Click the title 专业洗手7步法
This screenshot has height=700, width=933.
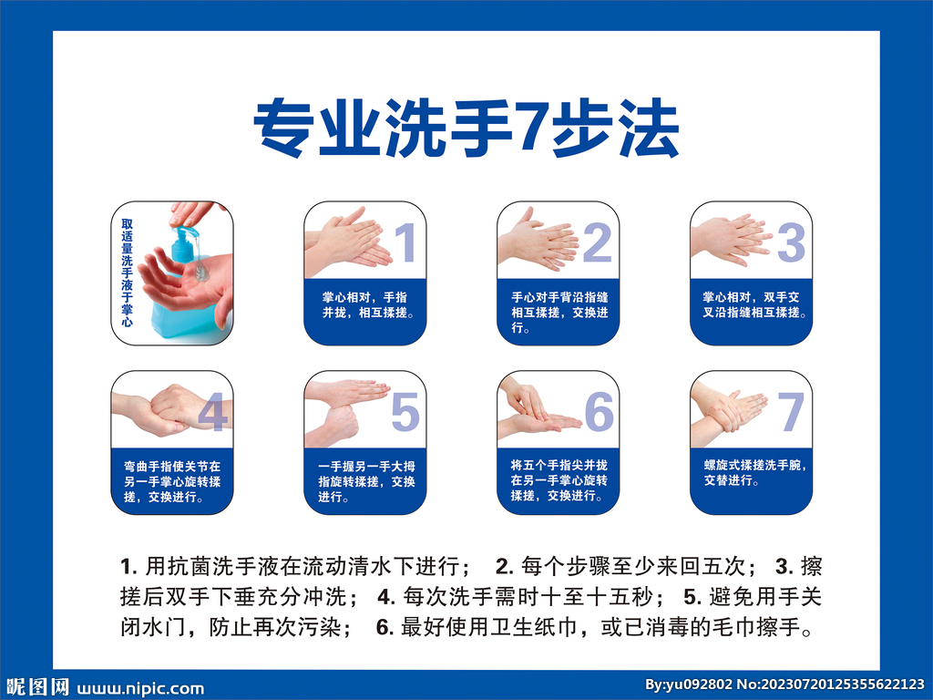pos(466,130)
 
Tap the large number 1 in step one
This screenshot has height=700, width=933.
pos(405,242)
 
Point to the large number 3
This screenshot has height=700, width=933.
pos(791,242)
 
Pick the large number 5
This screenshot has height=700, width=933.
pos(405,413)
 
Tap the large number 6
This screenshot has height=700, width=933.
pos(599,413)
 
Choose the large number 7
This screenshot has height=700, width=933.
pos(791,413)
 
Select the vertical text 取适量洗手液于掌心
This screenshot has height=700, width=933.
pos(128,273)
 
